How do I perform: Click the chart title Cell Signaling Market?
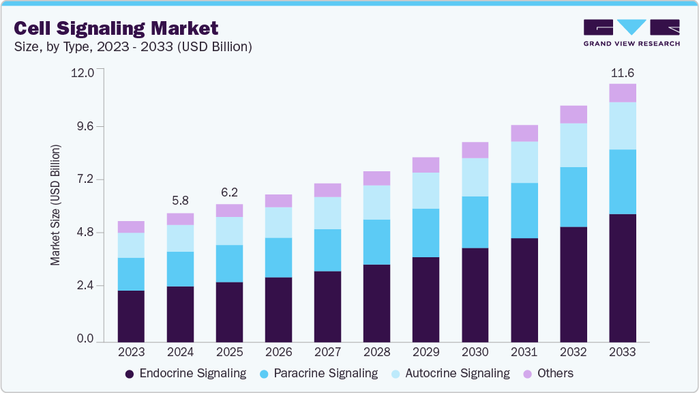click(x=116, y=28)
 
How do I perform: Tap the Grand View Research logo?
click(x=631, y=32)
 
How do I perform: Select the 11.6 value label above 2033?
click(x=622, y=72)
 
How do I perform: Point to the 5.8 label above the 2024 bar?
click(x=180, y=201)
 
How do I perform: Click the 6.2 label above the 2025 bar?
click(x=229, y=192)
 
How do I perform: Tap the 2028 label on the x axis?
click(x=376, y=352)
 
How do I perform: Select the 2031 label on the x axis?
click(x=524, y=352)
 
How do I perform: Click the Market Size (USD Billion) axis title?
click(x=55, y=205)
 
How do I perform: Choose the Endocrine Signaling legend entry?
click(x=185, y=373)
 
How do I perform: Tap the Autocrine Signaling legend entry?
click(x=449, y=373)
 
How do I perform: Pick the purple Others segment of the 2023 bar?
click(x=131, y=227)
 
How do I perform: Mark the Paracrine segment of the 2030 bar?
click(x=475, y=222)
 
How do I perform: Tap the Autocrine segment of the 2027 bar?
click(x=327, y=213)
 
